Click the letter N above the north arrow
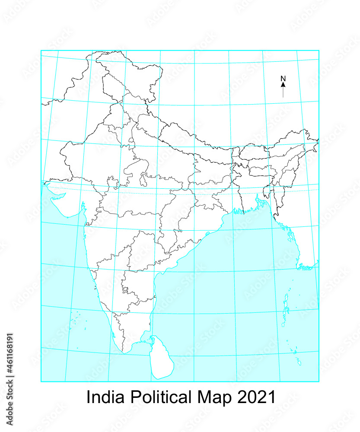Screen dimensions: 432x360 283,79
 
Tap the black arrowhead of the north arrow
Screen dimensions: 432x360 283,85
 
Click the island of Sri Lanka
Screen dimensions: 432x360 161,361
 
